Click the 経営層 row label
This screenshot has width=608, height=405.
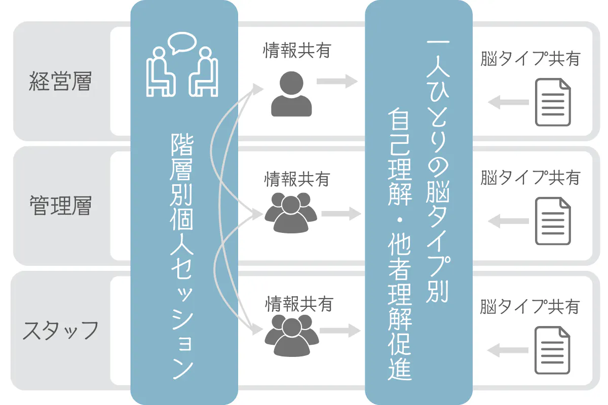[60, 81]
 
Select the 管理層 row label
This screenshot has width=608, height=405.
[60, 206]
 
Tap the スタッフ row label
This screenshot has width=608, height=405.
[60, 330]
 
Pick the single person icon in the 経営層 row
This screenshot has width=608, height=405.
[291, 94]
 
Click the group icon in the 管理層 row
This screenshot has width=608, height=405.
[291, 213]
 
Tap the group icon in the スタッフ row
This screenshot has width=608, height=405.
[291, 336]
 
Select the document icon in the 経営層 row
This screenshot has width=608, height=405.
[553, 102]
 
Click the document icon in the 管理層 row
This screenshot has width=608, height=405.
[553, 221]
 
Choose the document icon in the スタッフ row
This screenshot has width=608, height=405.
[552, 350]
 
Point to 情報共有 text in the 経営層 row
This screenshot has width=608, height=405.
[297, 51]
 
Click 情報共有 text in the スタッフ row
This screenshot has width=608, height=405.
[299, 304]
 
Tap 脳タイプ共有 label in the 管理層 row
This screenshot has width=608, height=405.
[530, 178]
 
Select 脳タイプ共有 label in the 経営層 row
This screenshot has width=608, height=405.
[530, 58]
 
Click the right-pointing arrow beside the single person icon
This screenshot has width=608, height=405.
[337, 81]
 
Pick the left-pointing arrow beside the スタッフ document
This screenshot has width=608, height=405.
[508, 350]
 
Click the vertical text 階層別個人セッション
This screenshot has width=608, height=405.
[182, 256]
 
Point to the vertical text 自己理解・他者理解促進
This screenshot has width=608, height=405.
[400, 244]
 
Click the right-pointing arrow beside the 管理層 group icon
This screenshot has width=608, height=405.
[341, 214]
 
